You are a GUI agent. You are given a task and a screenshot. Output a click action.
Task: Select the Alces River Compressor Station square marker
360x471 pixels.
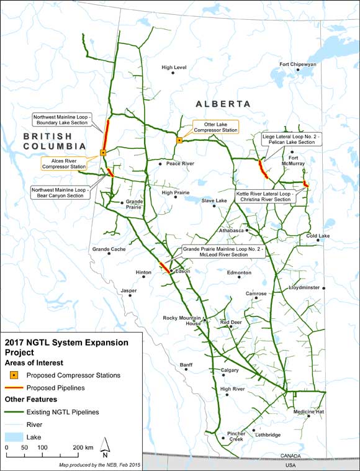tap(103, 152)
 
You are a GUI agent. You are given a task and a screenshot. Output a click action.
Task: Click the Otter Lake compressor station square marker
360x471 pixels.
tap(179, 140)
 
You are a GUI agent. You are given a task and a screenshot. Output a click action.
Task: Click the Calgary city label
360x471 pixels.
tap(229, 370)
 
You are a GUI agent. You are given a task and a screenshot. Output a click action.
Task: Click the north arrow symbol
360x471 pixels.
tap(106, 444)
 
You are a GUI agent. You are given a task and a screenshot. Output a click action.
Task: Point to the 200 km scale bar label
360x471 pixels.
tap(83, 447)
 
